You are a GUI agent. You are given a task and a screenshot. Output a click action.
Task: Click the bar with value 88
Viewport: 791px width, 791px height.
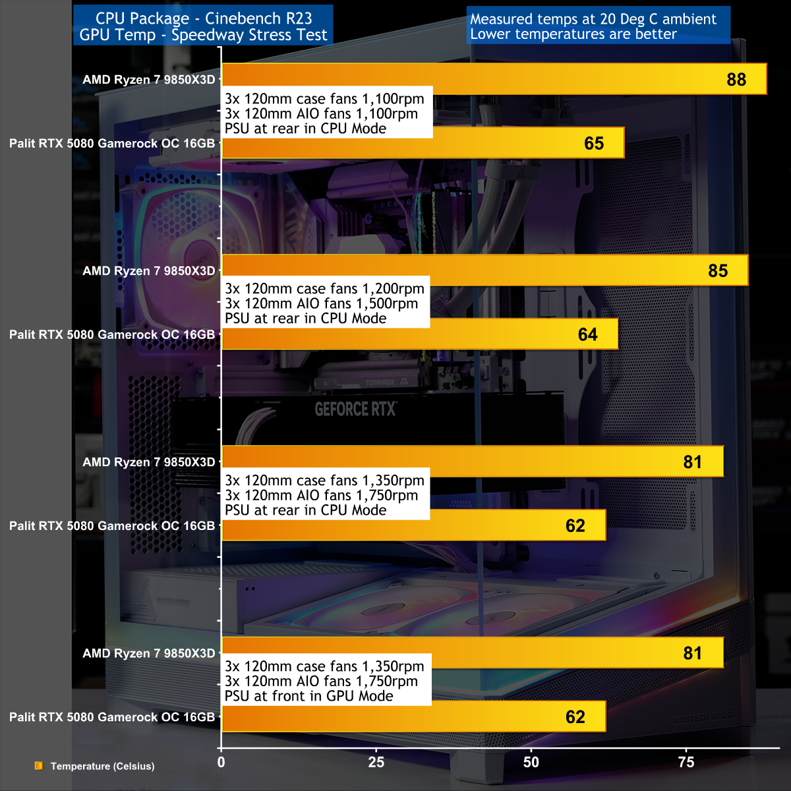[494, 79]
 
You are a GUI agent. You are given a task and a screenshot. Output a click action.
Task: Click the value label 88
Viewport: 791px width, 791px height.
[736, 80]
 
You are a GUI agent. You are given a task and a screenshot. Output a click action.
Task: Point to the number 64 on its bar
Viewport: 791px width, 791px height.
[587, 335]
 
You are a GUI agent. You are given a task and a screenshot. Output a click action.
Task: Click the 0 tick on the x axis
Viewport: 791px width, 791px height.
[221, 763]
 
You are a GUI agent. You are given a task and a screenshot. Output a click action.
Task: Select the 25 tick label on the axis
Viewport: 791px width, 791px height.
[376, 763]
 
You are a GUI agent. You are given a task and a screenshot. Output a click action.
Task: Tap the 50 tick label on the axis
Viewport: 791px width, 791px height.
[531, 763]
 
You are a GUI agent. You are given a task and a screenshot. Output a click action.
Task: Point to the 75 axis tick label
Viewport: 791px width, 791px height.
[686, 763]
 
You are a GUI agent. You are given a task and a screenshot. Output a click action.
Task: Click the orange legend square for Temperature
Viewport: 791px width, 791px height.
[39, 766]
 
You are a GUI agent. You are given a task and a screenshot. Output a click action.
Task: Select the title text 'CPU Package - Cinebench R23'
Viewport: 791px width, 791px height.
[204, 18]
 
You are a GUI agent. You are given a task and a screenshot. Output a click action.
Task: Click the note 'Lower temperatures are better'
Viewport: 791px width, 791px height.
[573, 34]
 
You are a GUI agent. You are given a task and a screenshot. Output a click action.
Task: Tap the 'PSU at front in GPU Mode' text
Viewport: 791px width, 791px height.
[308, 696]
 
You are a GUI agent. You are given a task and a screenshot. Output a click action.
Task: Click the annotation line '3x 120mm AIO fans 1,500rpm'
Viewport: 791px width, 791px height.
[321, 304]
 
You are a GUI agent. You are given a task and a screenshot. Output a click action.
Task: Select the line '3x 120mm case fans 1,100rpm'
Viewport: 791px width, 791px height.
[324, 99]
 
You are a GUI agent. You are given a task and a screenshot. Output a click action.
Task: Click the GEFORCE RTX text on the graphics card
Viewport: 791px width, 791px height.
[355, 409]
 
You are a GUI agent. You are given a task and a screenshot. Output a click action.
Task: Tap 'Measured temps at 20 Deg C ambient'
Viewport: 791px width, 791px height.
[593, 19]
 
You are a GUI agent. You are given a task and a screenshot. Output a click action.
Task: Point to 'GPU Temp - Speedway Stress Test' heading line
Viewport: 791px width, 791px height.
[204, 35]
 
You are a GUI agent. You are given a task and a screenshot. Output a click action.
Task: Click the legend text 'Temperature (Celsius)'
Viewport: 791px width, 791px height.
[102, 766]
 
